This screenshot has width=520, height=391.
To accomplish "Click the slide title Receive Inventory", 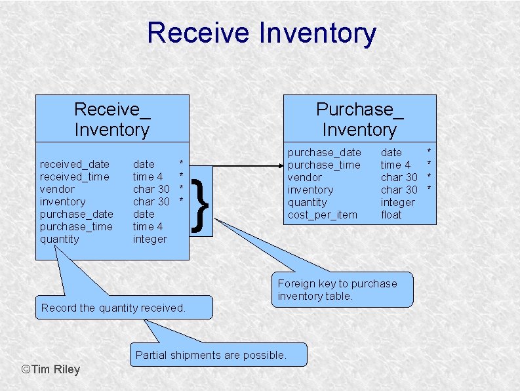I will (x=261, y=33).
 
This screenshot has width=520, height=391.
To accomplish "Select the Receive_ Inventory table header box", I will (x=112, y=119).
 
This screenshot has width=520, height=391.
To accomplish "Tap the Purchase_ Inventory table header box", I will (x=359, y=119).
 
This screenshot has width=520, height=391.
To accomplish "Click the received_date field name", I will (x=75, y=164).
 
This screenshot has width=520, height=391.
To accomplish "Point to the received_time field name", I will (x=75, y=176).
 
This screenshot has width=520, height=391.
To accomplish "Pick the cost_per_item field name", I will (x=323, y=215).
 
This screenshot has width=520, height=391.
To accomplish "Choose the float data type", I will (x=391, y=215).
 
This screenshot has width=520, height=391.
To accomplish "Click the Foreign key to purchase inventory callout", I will (x=342, y=289).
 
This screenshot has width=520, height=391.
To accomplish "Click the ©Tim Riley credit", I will (x=51, y=369).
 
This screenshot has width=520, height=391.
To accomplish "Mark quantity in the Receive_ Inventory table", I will (x=60, y=239).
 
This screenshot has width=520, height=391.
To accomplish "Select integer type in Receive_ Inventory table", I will (x=150, y=239).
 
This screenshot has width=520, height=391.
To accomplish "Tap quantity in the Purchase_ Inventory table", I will (x=307, y=202).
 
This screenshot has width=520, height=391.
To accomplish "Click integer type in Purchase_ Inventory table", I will (x=397, y=202).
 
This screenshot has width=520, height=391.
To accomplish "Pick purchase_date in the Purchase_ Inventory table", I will (x=325, y=152).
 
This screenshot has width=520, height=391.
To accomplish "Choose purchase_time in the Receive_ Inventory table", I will (x=76, y=226).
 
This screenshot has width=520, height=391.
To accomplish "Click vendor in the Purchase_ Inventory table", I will (x=305, y=177).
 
